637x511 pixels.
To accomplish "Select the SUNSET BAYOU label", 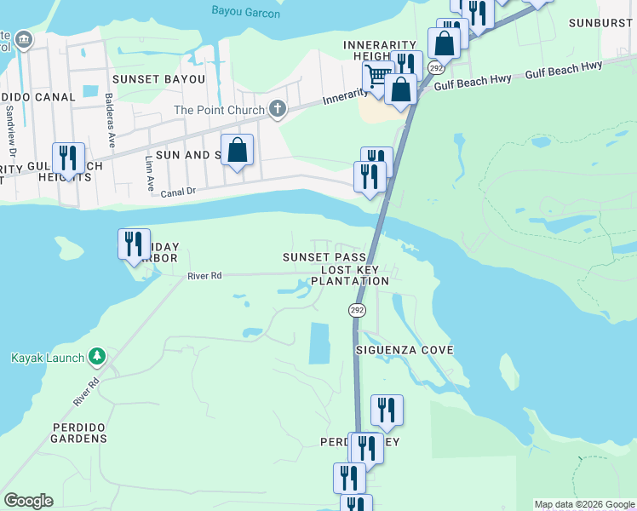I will pos(158,79).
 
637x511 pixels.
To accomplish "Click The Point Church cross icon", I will pos(277,109).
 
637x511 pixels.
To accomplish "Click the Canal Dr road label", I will pos(178,193).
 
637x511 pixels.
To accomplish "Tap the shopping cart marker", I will pos(376,75).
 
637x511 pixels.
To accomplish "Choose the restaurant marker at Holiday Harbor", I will pos(134,244).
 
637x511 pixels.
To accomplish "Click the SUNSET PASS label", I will pos(325,257).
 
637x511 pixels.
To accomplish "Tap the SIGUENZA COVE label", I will pos(405,350).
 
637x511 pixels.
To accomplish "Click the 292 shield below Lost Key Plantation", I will pos(357,311).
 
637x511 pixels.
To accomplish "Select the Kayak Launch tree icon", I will pos(98,355).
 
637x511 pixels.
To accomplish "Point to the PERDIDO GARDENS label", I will pos(66,439).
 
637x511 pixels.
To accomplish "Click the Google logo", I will pos(28,501).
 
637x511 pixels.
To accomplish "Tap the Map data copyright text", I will pos(583,504).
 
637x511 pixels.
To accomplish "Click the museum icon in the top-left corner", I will pos(23,39).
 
